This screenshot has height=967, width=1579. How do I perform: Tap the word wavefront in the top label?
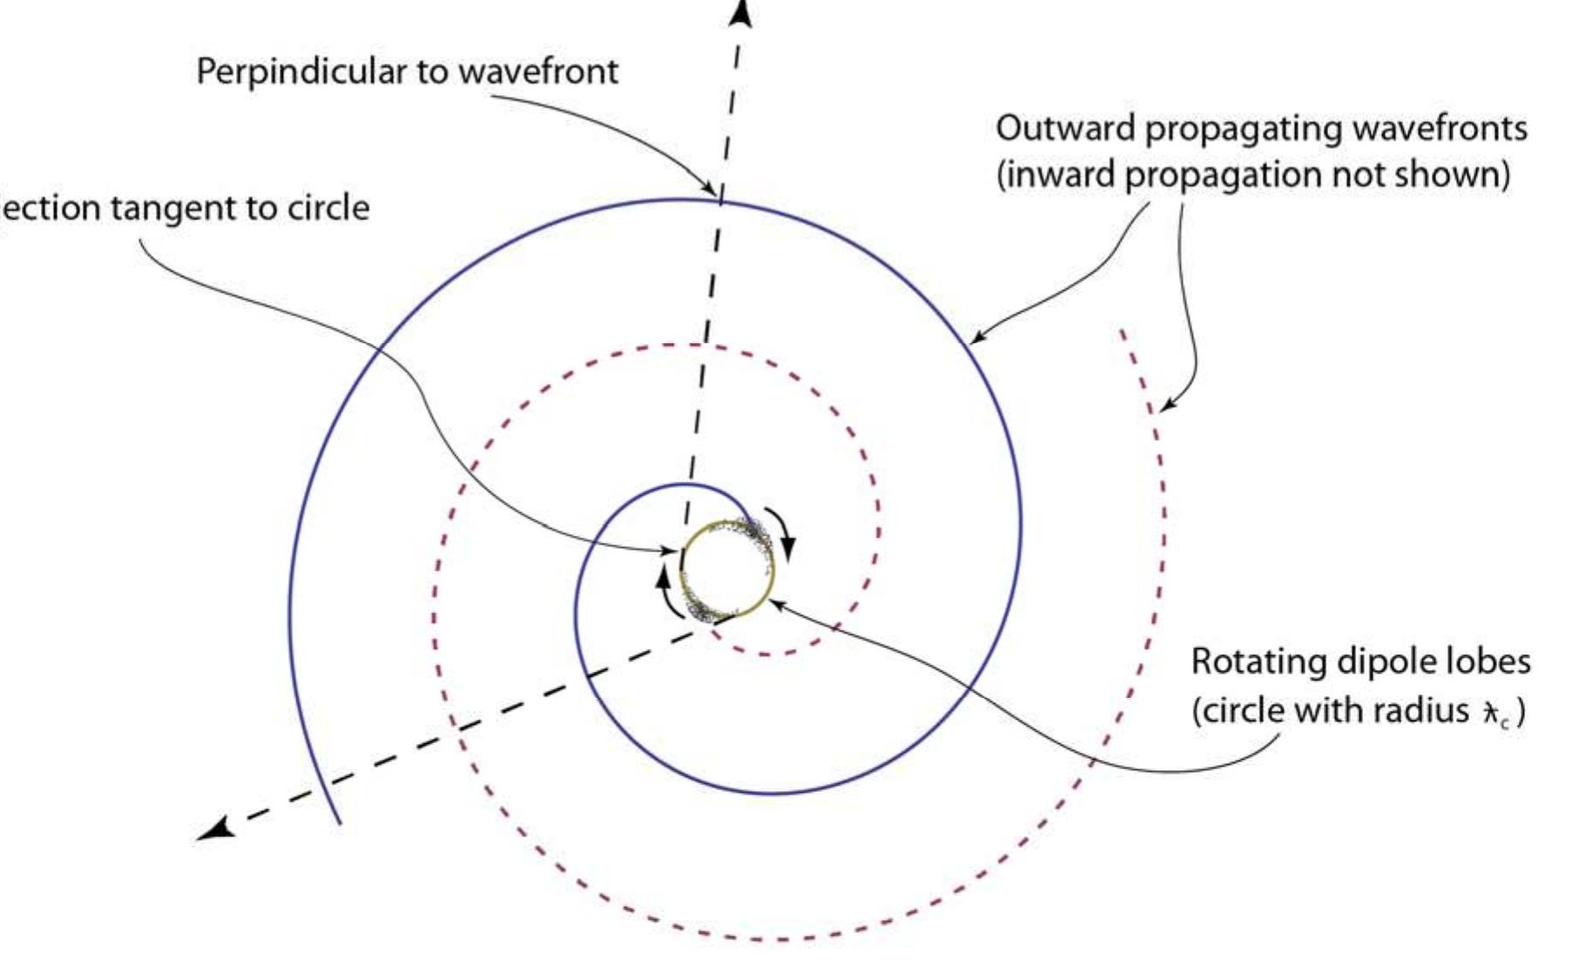538,71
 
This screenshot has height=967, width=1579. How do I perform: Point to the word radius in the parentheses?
1420,711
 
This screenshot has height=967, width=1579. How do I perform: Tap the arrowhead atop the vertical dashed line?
740,12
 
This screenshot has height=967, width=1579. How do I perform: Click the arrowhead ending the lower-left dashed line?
215,828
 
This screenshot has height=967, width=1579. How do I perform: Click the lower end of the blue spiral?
339,821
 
